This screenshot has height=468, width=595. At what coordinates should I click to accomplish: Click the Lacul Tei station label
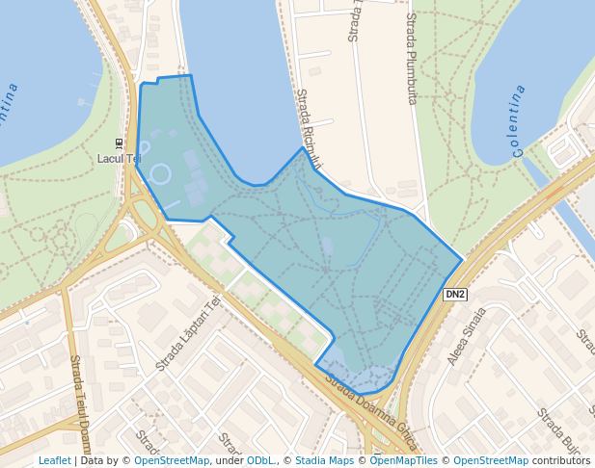tap(120, 158)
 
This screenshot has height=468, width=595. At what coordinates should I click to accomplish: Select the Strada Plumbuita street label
tap(412, 58)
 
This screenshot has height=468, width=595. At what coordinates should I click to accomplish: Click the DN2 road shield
tap(455, 294)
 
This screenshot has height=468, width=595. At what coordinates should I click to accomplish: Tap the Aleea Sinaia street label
tap(466, 337)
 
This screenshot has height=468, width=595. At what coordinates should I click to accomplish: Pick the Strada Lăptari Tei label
tap(188, 333)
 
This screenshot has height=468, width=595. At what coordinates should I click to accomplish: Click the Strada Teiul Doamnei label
tap(80, 404)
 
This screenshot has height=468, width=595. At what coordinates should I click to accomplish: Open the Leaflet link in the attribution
tap(55, 460)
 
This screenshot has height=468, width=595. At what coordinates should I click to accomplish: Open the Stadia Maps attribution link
tap(324, 460)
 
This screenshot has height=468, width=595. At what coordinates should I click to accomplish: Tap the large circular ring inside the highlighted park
tap(161, 174)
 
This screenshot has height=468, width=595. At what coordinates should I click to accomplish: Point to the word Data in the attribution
tap(92, 460)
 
